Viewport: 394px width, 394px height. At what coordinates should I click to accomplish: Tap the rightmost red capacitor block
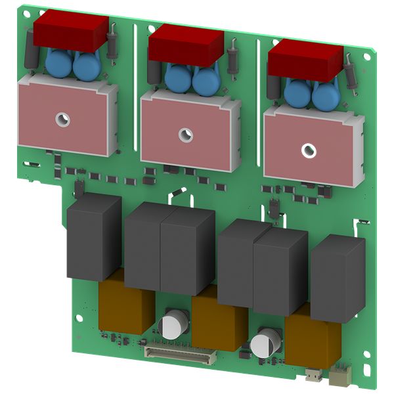click(x=305, y=60)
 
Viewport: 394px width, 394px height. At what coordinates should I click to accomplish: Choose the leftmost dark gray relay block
click(x=93, y=237)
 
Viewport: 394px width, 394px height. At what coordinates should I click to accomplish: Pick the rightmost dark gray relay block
click(x=337, y=269)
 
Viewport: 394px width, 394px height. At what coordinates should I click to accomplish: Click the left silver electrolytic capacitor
click(x=174, y=324)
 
